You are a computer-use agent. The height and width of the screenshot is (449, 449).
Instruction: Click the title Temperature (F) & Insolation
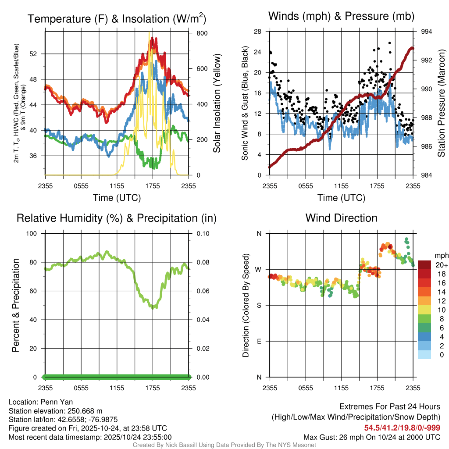coord(117,19)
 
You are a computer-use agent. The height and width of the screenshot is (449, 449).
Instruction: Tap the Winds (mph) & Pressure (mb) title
coord(342,16)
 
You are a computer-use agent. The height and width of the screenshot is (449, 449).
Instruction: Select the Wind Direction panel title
coord(342,218)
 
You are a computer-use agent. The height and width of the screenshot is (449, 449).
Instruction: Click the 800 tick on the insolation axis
coord(196,33)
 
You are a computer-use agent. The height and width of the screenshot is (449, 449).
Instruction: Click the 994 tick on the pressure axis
coord(427,32)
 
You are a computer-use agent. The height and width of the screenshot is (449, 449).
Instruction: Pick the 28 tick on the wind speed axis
coord(258,32)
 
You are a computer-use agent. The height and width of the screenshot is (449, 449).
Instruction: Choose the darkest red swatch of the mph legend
coord(424,264)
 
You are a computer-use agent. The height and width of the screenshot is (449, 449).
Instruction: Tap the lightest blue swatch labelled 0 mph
coord(424,355)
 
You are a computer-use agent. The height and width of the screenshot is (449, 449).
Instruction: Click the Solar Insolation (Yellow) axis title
coord(217,103)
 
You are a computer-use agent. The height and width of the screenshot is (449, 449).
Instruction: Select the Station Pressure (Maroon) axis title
coord(441,103)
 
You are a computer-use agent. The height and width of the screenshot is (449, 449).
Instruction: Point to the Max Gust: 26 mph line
coord(372,437)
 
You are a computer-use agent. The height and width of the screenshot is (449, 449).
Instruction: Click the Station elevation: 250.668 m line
coord(55,411)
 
